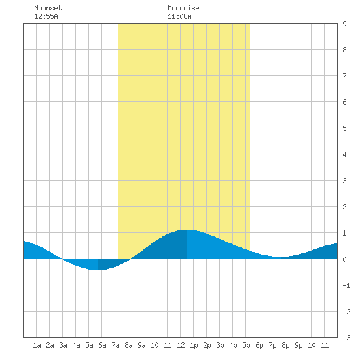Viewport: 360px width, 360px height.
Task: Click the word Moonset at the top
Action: [x=48, y=8]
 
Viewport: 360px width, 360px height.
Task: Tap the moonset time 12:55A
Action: [x=46, y=16]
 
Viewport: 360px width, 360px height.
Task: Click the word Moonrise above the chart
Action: [x=183, y=8]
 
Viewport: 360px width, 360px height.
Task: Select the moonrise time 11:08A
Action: [x=179, y=16]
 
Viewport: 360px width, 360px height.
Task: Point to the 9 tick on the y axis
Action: [x=344, y=24]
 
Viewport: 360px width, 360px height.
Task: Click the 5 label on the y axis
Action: [x=344, y=128]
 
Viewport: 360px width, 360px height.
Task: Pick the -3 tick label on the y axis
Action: [x=346, y=338]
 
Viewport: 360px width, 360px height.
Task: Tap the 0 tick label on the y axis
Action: [x=344, y=259]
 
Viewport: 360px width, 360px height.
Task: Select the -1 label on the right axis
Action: [x=346, y=285]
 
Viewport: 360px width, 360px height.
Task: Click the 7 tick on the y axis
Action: [x=344, y=76]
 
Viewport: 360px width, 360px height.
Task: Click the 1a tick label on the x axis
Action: [x=37, y=345]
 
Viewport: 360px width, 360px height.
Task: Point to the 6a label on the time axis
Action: [x=102, y=345]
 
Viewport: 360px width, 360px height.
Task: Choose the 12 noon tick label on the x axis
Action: [x=181, y=345]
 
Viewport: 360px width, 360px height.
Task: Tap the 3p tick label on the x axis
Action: [x=220, y=345]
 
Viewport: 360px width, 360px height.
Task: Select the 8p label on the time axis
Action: [x=285, y=345]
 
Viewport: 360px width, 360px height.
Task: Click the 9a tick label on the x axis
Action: [x=141, y=345]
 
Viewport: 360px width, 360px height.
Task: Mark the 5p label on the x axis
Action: [x=246, y=345]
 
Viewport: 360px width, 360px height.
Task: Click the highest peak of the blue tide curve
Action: [x=187, y=230]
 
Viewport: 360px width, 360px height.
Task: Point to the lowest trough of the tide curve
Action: [x=98, y=270]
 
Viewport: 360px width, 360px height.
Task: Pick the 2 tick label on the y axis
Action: [x=344, y=207]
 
